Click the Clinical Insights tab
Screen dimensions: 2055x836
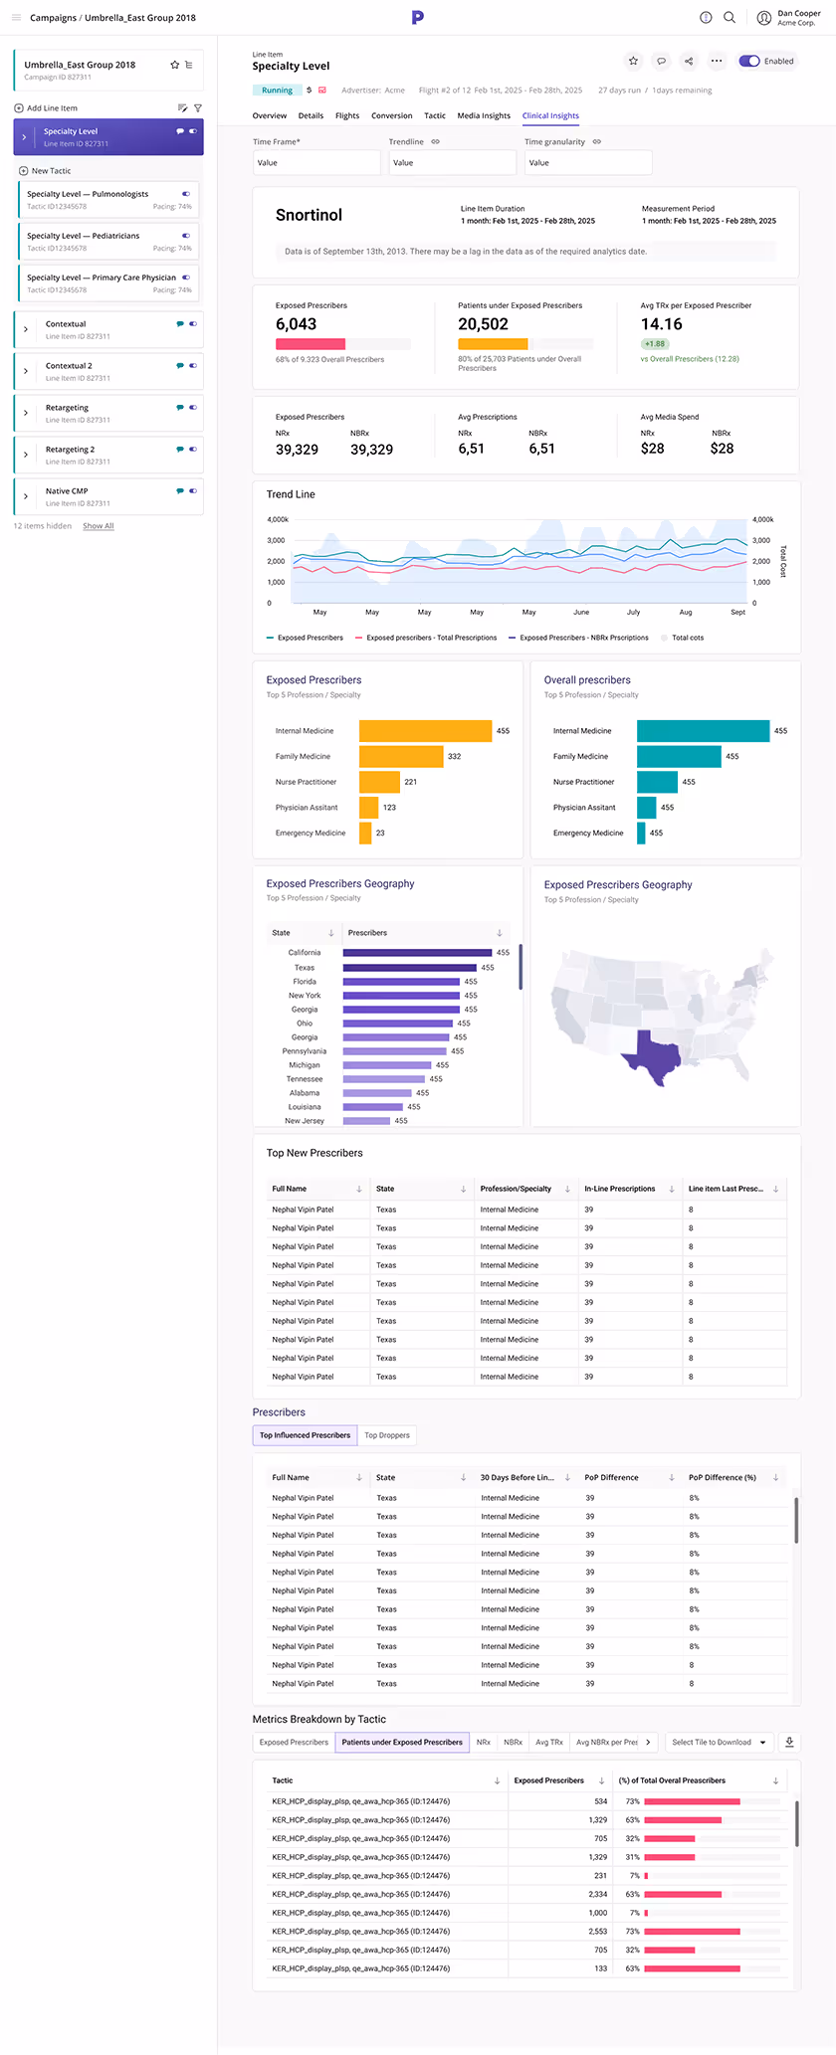(550, 115)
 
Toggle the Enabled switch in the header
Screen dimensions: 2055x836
(750, 61)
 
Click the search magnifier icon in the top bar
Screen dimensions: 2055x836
(730, 17)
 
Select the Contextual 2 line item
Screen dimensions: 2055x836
(69, 366)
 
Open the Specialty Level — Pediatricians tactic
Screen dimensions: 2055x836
(83, 236)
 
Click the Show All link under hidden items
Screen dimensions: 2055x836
(98, 526)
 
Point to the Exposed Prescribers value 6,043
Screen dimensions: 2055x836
(296, 324)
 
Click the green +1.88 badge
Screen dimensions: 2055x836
(654, 344)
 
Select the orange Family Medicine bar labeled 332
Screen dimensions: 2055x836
(401, 757)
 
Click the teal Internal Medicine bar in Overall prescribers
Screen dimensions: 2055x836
(703, 731)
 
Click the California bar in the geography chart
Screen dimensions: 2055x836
(417, 953)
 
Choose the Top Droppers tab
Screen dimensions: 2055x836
(387, 1435)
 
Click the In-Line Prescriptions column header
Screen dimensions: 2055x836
(619, 1189)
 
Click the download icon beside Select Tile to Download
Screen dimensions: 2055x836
(789, 1742)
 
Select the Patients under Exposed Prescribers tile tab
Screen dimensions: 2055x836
(402, 1742)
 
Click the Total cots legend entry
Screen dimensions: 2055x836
(687, 638)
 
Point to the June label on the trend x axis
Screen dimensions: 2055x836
(581, 613)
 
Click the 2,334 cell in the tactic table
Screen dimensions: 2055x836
(597, 1894)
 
